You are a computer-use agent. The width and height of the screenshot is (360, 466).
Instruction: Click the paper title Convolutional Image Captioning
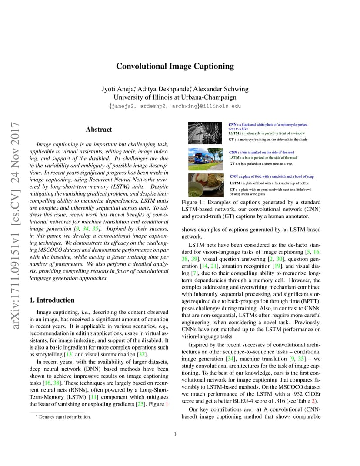point(175,67)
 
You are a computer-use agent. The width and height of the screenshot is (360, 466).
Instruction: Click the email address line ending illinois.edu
point(175,106)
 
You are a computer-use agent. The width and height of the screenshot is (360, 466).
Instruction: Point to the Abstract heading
point(99,130)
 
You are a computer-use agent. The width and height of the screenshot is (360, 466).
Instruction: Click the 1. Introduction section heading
point(51,300)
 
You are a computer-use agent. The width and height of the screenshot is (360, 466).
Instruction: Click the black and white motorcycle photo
point(206,133)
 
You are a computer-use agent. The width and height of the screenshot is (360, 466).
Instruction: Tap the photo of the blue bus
point(206,159)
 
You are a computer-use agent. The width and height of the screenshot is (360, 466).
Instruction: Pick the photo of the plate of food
point(206,185)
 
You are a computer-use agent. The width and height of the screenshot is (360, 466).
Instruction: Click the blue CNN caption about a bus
point(261,153)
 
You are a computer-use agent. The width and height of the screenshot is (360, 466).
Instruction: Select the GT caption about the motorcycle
point(268,140)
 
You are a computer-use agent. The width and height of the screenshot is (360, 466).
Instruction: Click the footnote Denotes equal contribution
point(63,417)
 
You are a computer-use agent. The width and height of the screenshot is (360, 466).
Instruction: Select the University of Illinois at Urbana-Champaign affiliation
point(175,97)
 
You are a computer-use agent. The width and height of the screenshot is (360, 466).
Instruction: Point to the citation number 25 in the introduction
point(140,404)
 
